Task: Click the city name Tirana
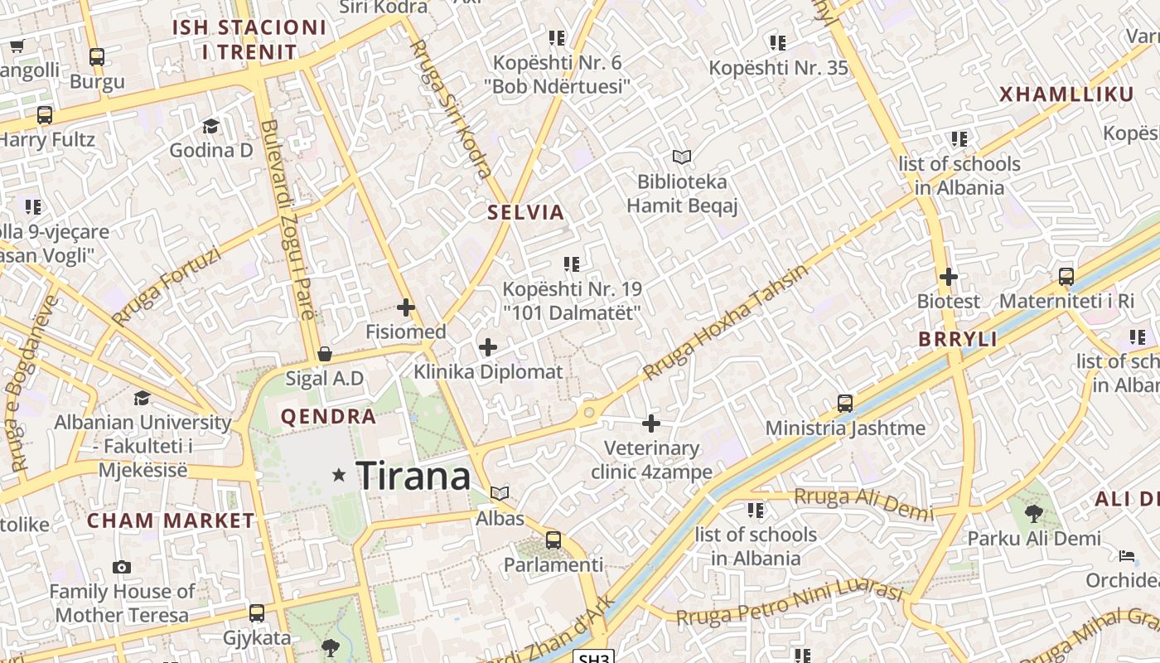(x=413, y=477)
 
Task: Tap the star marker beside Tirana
(x=338, y=475)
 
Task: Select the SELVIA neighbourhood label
(x=525, y=212)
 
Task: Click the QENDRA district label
(x=329, y=417)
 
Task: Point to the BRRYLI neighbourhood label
(x=957, y=340)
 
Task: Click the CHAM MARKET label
(x=171, y=521)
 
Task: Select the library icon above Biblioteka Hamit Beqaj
(x=682, y=157)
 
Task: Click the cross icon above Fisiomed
(x=406, y=307)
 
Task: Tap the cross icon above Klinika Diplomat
(x=488, y=347)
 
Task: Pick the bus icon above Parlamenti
(x=553, y=540)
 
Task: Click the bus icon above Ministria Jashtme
(x=845, y=404)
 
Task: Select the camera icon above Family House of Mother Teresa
(x=122, y=567)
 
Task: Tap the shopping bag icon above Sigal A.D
(x=325, y=354)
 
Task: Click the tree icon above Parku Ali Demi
(x=1033, y=514)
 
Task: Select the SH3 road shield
(x=594, y=657)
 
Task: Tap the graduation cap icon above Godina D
(x=210, y=126)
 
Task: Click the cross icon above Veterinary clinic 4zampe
(x=651, y=423)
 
